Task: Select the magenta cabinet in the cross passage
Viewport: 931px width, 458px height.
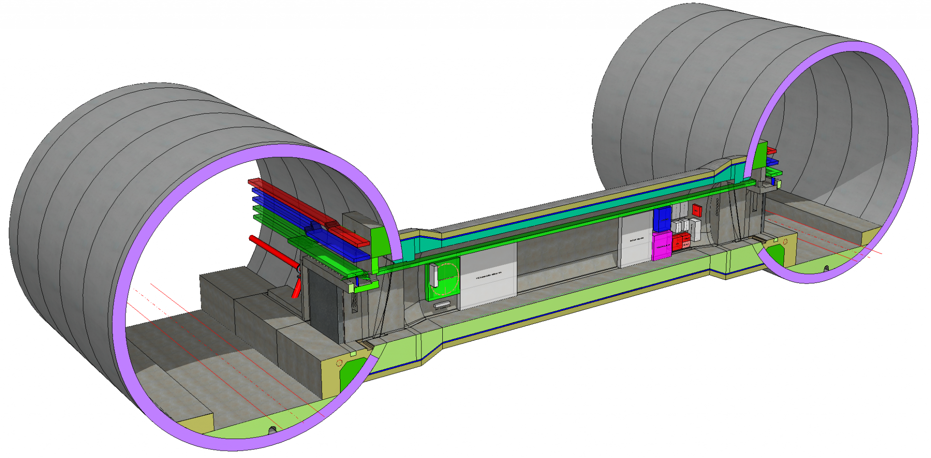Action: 661,246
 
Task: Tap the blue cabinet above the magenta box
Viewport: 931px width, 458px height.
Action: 662,219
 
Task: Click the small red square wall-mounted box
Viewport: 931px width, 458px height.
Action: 697,210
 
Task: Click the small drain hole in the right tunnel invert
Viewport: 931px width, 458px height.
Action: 826,269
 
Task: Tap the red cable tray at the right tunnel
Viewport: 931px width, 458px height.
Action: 771,150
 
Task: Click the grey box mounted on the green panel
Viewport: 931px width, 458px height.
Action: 434,275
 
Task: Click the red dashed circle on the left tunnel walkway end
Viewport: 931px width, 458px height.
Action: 339,363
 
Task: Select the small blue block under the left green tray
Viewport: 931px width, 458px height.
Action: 357,281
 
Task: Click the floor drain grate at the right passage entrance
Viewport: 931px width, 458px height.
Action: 759,239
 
